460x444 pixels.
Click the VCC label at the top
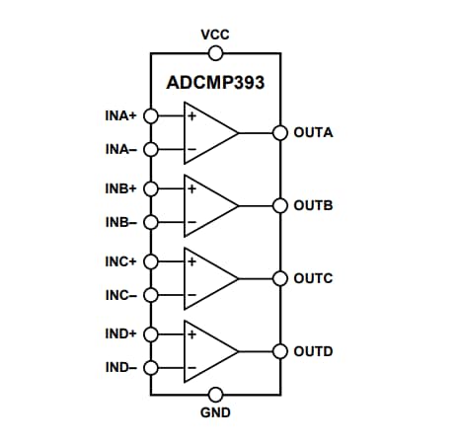215,34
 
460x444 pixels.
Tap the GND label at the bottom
215,413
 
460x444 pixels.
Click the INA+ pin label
121,115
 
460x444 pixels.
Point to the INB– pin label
121,223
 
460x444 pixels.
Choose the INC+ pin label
121,261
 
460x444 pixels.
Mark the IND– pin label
121,368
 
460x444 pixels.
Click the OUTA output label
313,132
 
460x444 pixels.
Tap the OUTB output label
313,205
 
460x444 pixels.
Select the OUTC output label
313,278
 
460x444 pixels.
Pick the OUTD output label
313,351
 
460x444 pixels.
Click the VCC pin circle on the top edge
215,52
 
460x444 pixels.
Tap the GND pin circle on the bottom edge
215,395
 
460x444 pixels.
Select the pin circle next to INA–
150,150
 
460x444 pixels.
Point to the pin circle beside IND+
150,333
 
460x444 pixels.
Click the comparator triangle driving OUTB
210,205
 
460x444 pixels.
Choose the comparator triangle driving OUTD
210,351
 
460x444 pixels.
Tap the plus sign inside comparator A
192,115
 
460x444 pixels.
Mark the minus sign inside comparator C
192,295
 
